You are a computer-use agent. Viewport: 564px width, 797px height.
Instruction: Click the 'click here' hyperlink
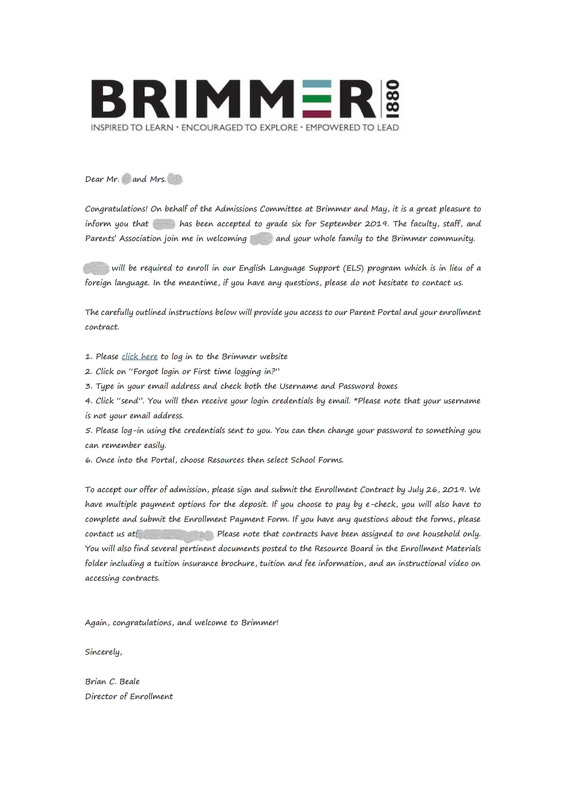coord(140,356)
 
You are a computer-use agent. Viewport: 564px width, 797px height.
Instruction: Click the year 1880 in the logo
coord(393,99)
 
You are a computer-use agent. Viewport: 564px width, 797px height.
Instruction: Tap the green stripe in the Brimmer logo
coord(316,99)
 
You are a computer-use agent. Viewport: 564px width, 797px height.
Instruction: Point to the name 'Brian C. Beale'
coord(112,682)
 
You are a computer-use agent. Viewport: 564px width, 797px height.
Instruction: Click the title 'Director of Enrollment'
coord(129,696)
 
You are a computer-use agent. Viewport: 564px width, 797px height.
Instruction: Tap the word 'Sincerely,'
coord(104,652)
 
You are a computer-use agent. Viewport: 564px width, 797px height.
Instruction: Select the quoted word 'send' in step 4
coord(131,401)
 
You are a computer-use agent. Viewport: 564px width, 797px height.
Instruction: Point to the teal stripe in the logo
coord(316,84)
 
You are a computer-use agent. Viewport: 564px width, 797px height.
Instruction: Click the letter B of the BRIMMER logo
coord(108,99)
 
